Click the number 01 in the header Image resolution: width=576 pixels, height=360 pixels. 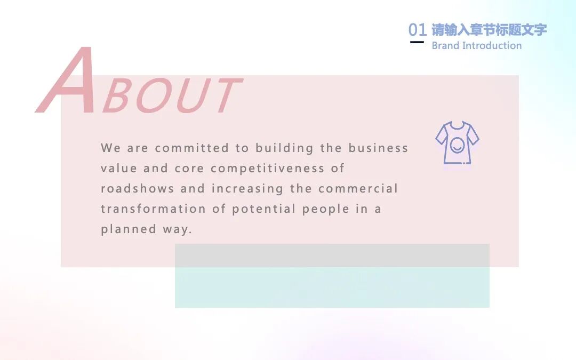pyautogui.click(x=417, y=30)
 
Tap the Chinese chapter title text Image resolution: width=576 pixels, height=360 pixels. pyautogui.click(x=489, y=29)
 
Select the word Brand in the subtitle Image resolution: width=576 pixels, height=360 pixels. pyautogui.click(x=445, y=45)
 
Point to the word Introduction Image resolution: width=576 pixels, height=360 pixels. pyautogui.click(x=492, y=45)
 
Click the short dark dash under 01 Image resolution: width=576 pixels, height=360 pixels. pyautogui.click(x=417, y=42)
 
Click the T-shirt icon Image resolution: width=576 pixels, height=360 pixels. pyautogui.click(x=457, y=142)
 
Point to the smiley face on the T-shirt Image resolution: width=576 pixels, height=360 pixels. pyautogui.click(x=457, y=145)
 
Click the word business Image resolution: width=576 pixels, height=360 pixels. pyautogui.click(x=378, y=148)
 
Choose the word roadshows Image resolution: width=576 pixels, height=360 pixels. pyautogui.click(x=137, y=189)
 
